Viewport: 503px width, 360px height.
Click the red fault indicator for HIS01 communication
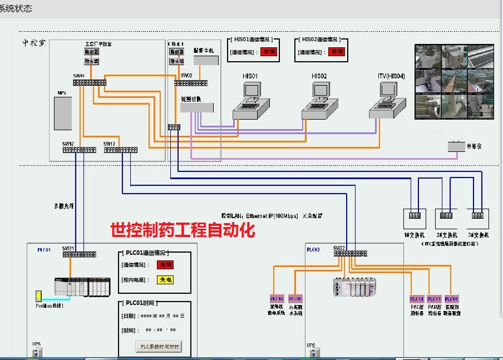coord(269,52)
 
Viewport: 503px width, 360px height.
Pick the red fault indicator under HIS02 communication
coord(337,52)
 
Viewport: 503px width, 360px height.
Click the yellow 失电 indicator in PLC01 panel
coord(165,280)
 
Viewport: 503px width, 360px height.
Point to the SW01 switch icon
coord(89,82)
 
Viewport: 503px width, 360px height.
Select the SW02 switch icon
coord(191,83)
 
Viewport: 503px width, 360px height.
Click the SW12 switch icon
coord(79,150)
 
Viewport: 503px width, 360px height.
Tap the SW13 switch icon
coord(121,150)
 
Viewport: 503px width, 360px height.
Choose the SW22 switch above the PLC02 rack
coord(350,253)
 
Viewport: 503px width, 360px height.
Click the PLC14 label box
coord(277,299)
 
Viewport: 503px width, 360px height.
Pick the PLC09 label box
coord(452,299)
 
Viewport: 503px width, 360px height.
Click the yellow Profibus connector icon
coord(38,295)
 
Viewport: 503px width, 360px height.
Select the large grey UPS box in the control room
coord(62,114)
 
